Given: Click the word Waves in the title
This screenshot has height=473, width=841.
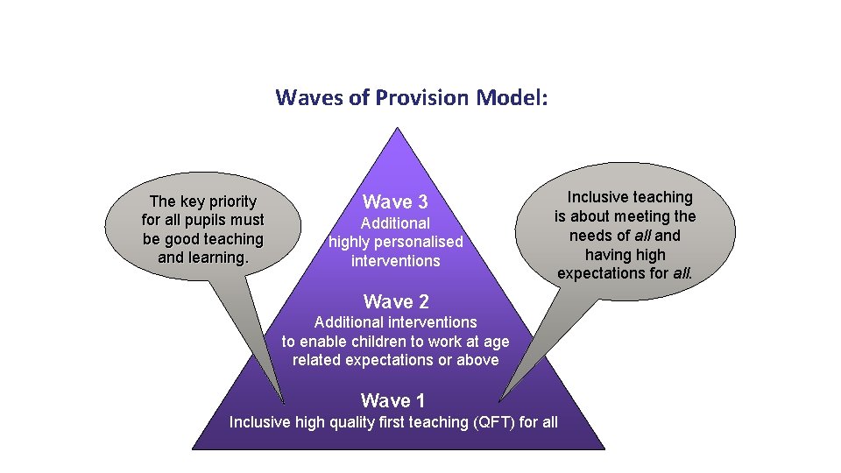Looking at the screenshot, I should point(307,97).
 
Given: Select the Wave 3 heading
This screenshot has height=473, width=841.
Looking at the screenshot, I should point(395,201).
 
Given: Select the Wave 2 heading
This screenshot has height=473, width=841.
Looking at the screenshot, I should point(396,302).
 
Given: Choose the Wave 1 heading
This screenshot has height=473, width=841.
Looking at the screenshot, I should point(392,401).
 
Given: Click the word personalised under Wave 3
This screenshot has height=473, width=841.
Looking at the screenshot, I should point(420,242).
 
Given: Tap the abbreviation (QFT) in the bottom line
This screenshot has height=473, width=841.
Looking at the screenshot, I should point(494,422).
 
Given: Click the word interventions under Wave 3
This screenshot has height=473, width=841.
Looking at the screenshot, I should point(395,261).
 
